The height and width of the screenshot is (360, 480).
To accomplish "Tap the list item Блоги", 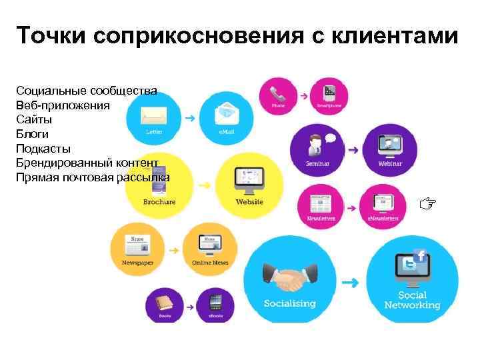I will pyautogui.click(x=33, y=134).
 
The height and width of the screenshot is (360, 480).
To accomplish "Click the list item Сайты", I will pyautogui.click(x=34, y=119).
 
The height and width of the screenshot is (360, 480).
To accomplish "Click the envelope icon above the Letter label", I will pyautogui.click(x=153, y=116).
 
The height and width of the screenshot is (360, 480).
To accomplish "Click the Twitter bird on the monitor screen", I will pyautogui.click(x=407, y=265).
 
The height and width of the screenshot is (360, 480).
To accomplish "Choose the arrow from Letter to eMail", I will pyautogui.click(x=190, y=119).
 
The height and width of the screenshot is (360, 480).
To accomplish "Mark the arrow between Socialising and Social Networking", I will pyautogui.click(x=350, y=283).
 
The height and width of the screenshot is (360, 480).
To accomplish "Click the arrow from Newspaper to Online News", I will pyautogui.click(x=173, y=251).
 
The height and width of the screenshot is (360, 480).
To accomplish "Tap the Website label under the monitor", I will pyautogui.click(x=249, y=202).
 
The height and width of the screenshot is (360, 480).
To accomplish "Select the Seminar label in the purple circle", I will pyautogui.click(x=317, y=163).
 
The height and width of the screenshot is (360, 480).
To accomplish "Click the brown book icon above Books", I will pyautogui.click(x=165, y=304).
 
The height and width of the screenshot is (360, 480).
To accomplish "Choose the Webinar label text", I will pyautogui.click(x=390, y=163).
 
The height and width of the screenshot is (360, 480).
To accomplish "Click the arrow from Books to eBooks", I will pyautogui.click(x=190, y=307).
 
